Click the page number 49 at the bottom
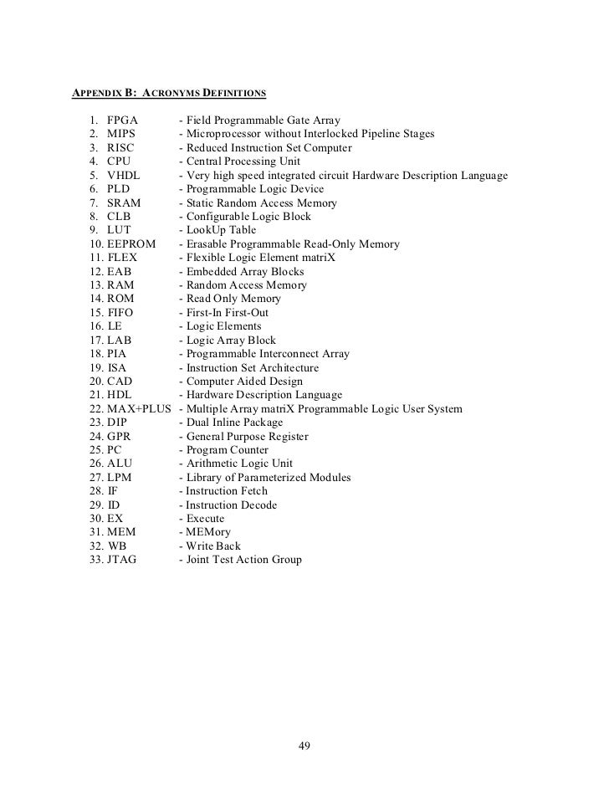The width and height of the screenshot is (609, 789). point(304,746)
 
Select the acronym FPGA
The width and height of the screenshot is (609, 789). point(122,120)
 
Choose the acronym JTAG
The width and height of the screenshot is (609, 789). point(123,560)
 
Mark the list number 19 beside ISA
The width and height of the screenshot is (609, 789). point(94,367)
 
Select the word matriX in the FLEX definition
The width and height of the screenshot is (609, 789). point(318,258)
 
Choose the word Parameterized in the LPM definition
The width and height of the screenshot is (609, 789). point(277,478)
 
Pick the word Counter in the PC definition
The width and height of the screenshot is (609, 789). point(249,450)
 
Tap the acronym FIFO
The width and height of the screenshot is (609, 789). point(120,313)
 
